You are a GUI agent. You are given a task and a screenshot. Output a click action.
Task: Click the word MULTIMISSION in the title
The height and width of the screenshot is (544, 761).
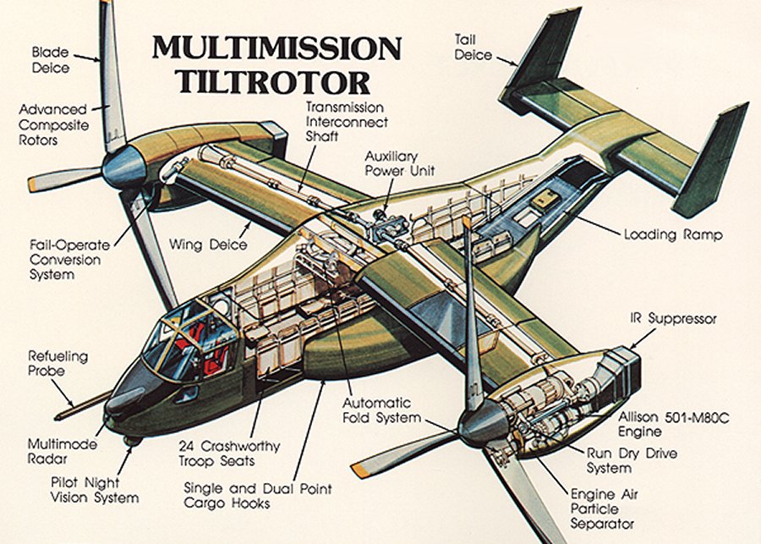pyautogui.click(x=276, y=49)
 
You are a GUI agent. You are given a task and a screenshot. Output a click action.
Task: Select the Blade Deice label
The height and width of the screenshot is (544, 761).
pyautogui.click(x=52, y=60)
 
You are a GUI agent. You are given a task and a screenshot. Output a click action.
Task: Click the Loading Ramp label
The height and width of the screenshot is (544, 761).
pyautogui.click(x=672, y=234)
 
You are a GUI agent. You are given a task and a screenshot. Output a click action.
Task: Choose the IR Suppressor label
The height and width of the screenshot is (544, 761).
pyautogui.click(x=673, y=319)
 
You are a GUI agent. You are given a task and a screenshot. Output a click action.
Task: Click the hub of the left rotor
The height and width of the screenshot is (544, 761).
pyautogui.click(x=125, y=166)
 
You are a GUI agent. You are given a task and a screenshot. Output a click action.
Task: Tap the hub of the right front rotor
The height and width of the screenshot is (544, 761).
pyautogui.click(x=483, y=424)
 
